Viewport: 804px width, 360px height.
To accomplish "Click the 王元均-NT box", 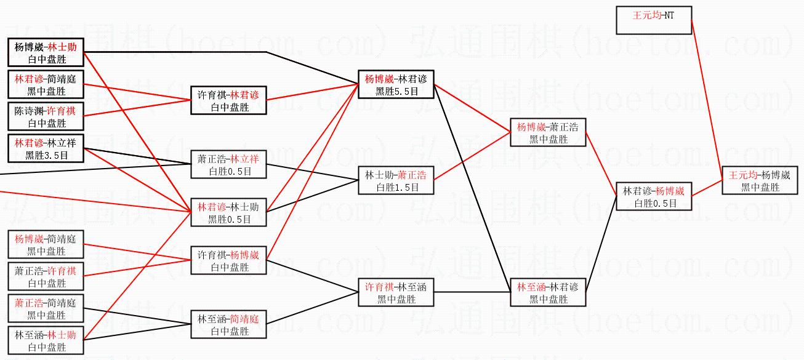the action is pyautogui.click(x=653, y=20).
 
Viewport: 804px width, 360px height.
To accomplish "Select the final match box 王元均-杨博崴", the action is pyautogui.click(x=759, y=181).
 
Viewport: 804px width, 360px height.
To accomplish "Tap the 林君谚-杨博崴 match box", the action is pyautogui.click(x=653, y=197).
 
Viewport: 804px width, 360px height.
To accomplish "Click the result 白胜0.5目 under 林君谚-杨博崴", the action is pyautogui.click(x=653, y=204).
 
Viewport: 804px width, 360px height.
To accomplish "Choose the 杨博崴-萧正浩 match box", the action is pyautogui.click(x=547, y=133).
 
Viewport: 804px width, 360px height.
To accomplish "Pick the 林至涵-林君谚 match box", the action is pyautogui.click(x=547, y=292).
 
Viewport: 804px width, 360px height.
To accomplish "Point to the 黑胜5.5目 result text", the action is pyautogui.click(x=396, y=91).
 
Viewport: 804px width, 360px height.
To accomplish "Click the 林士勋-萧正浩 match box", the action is pyautogui.click(x=396, y=180).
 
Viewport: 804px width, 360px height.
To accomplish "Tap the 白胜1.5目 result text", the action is pyautogui.click(x=396, y=187).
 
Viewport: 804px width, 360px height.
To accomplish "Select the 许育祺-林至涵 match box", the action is pyautogui.click(x=396, y=292).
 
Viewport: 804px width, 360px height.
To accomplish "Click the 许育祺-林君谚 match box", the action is pyautogui.click(x=228, y=101).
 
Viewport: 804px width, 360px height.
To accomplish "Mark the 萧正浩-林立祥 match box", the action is pyautogui.click(x=228, y=164).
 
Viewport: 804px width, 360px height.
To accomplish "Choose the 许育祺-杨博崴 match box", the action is pyautogui.click(x=228, y=260).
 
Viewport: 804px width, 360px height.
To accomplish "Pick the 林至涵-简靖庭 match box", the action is pyautogui.click(x=228, y=324).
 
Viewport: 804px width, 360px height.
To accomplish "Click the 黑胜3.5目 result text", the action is pyautogui.click(x=46, y=155).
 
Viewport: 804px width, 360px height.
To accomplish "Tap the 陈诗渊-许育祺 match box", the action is pyautogui.click(x=46, y=116).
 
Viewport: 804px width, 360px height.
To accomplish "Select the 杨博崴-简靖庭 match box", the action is pyautogui.click(x=46, y=244).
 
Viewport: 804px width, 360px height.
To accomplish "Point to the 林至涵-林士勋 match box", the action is pyautogui.click(x=46, y=340).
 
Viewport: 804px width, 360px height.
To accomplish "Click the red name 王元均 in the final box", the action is pyautogui.click(x=742, y=175).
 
